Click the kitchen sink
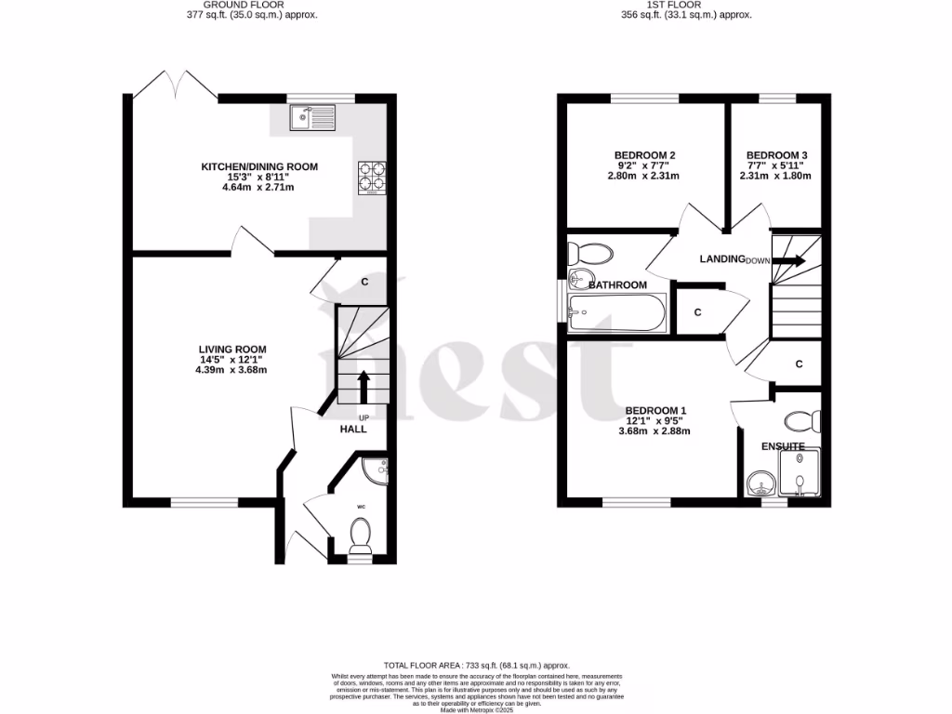311,118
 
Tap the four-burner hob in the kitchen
371,178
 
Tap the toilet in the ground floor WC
361,535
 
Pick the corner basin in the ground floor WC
379,471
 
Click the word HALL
353,430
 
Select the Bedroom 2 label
644,155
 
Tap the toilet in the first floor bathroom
590,253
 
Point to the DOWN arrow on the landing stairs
790,261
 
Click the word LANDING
722,259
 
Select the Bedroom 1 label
655,411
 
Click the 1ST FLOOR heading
685,5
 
